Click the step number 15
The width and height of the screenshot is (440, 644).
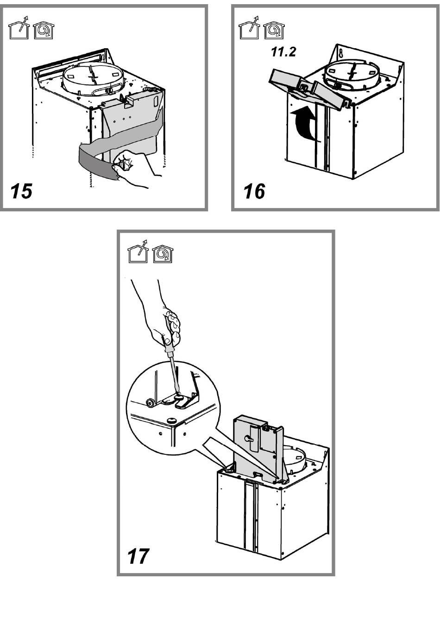pyautogui.click(x=21, y=191)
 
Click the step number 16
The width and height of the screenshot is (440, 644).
pyautogui.click(x=254, y=191)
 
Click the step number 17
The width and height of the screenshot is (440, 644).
pyautogui.click(x=138, y=556)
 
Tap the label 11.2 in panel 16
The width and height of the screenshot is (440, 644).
pyautogui.click(x=283, y=52)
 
